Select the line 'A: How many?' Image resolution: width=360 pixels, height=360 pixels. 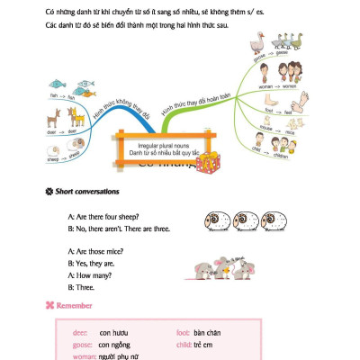(92, 276)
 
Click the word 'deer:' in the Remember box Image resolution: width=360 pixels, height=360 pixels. (81, 332)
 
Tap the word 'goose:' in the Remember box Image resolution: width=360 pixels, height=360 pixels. (83, 344)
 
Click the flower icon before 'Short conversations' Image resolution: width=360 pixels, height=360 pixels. (48, 191)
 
